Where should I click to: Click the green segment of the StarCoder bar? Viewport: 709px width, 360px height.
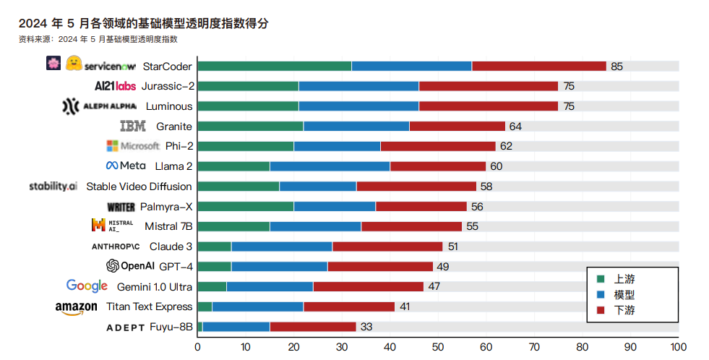coord(274,67)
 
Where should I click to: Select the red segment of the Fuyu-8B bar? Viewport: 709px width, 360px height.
coord(313,327)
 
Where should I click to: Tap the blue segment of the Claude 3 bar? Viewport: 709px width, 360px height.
coord(281,247)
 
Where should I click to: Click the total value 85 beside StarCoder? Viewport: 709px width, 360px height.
coord(616,67)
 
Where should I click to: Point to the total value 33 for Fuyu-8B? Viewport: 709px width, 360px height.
coord(366,327)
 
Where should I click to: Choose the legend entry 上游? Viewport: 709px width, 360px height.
coord(624,278)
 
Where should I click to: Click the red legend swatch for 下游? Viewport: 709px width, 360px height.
coord(600,310)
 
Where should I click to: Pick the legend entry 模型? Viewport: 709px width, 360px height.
coord(624,294)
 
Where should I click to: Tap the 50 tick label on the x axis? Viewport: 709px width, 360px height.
coord(438,347)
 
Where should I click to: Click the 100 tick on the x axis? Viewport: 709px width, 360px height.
coord(678,347)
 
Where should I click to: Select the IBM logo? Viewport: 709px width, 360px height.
coord(133,127)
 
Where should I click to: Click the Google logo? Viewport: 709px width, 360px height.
coord(87,286)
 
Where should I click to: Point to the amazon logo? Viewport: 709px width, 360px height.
coord(76,308)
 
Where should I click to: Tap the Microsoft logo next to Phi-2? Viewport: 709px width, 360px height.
coord(133,146)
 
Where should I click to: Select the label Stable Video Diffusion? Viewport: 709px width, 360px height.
coord(139,187)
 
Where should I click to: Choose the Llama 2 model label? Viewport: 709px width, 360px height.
coord(173,166)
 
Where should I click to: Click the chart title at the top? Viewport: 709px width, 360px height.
coord(145,23)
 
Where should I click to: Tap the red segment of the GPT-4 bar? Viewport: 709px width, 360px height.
coord(380,267)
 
